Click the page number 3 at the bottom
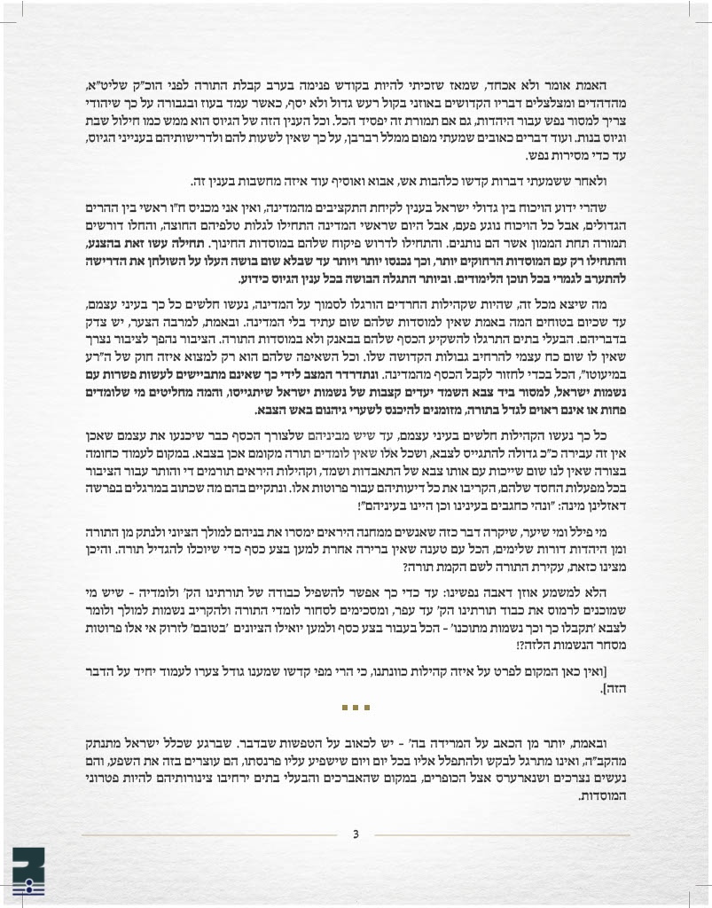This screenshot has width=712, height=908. click(x=356, y=834)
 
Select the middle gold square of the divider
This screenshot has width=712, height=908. click(x=355, y=707)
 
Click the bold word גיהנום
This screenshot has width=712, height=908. click(x=316, y=411)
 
